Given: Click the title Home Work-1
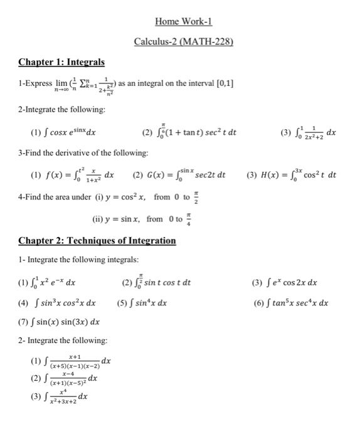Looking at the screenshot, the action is (x=183, y=21).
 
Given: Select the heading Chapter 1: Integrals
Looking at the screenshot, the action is (x=61, y=62).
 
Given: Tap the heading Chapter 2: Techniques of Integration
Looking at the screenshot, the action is (x=97, y=240).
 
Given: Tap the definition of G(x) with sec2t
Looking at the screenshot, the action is (x=185, y=175).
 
